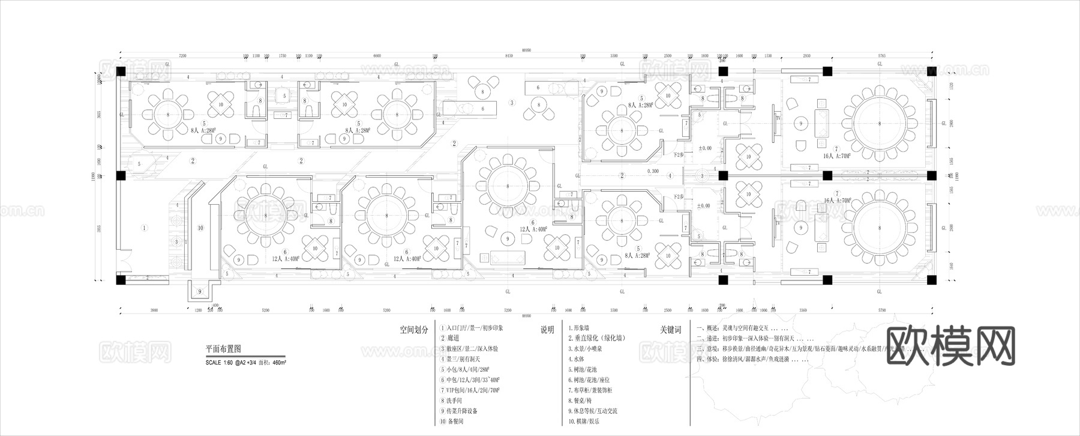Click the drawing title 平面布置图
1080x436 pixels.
(x=223, y=349)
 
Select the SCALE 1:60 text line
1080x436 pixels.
(x=245, y=363)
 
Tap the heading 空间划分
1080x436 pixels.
(x=414, y=330)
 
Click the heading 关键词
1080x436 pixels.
(x=671, y=330)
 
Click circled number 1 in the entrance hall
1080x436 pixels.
(x=144, y=228)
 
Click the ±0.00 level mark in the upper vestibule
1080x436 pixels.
(x=704, y=148)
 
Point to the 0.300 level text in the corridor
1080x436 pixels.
(x=653, y=171)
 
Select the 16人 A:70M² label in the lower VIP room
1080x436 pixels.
(x=838, y=200)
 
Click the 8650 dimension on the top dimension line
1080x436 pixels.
(x=509, y=56)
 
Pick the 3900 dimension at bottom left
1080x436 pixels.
(x=154, y=310)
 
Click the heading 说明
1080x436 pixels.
(x=547, y=330)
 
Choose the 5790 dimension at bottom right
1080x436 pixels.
(x=881, y=310)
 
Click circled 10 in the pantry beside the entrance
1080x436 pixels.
(x=200, y=228)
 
